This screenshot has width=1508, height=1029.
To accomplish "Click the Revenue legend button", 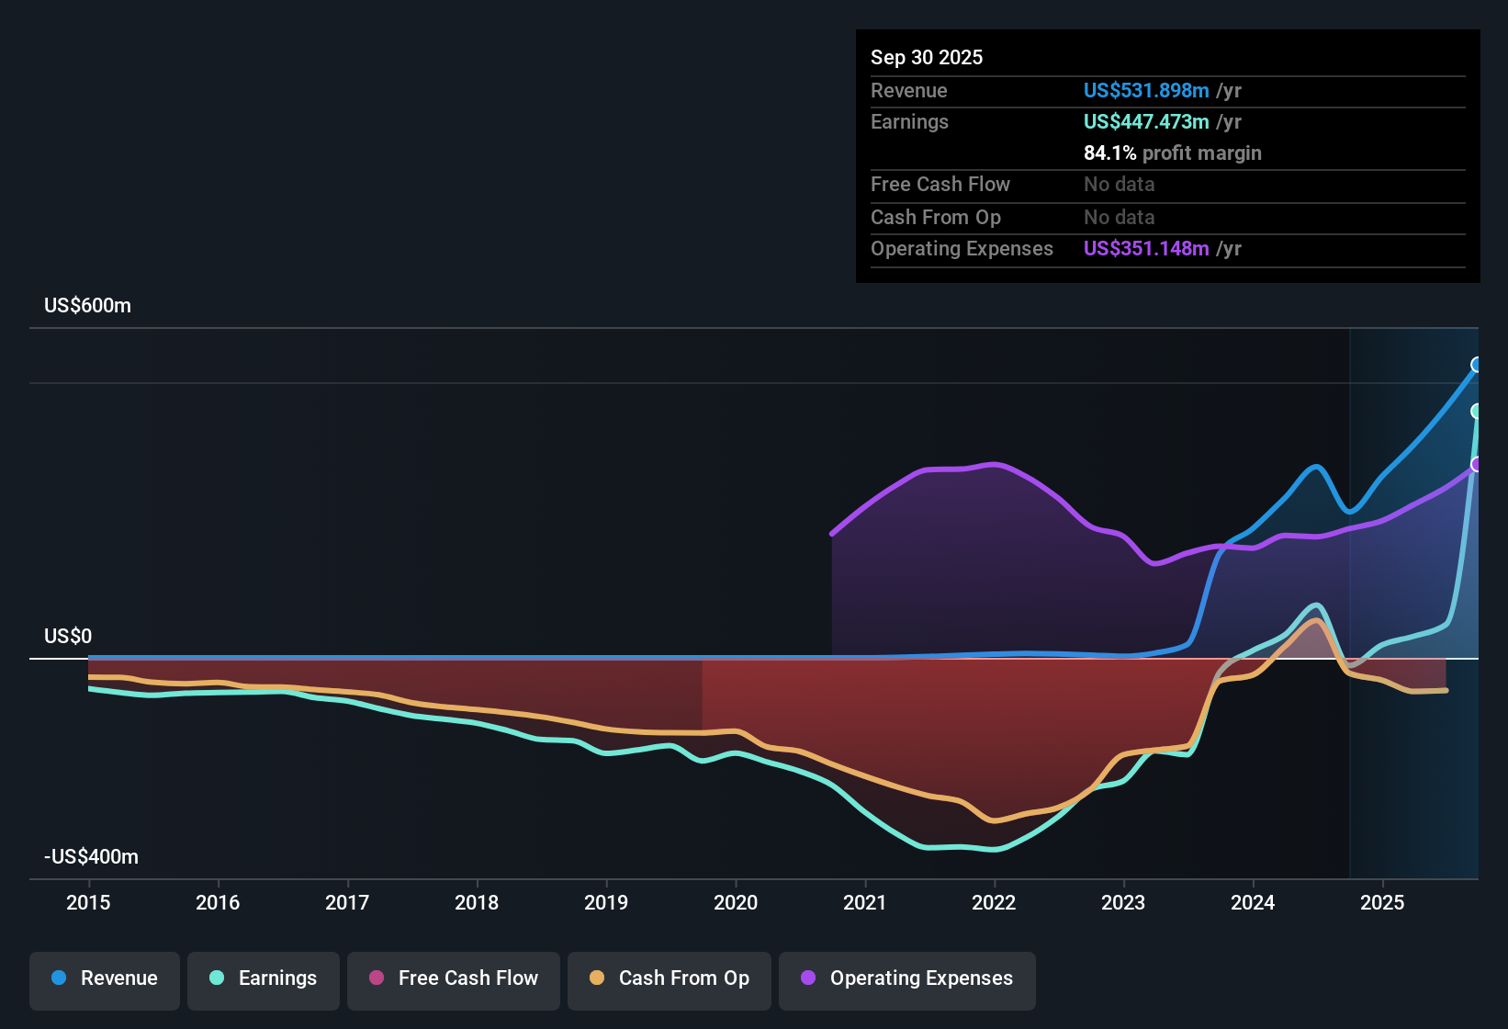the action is click(x=105, y=978).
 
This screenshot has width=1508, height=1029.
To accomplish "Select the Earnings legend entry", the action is click(x=263, y=978).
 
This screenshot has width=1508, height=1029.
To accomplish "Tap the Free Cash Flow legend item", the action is click(x=453, y=978).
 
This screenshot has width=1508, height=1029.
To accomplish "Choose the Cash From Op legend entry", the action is click(x=669, y=978).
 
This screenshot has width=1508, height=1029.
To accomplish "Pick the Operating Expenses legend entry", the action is click(x=906, y=978).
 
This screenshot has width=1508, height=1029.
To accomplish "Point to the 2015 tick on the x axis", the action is click(x=88, y=903).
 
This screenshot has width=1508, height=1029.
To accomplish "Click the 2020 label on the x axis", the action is click(x=736, y=903).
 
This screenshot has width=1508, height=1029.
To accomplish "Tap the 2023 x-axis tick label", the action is click(x=1123, y=903).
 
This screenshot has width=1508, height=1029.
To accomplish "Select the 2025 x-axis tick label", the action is click(x=1382, y=903).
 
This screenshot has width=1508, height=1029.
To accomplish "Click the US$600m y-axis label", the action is click(x=87, y=306).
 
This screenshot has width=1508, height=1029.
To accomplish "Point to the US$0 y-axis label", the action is click(x=68, y=637).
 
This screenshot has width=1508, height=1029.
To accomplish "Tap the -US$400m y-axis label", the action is click(x=91, y=857).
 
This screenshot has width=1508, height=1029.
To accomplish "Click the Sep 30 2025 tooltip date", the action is click(x=927, y=58).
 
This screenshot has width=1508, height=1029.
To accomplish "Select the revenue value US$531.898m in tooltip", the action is click(x=1145, y=91).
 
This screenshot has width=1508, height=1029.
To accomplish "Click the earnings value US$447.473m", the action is click(x=1145, y=122).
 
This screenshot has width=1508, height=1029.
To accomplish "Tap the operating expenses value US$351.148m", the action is click(x=1145, y=249).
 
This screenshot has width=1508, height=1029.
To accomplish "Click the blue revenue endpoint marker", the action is click(x=1477, y=365).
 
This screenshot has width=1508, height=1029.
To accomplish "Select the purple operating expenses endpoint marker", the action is click(x=1477, y=465).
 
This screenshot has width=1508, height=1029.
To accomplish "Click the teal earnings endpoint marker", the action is click(x=1477, y=411).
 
